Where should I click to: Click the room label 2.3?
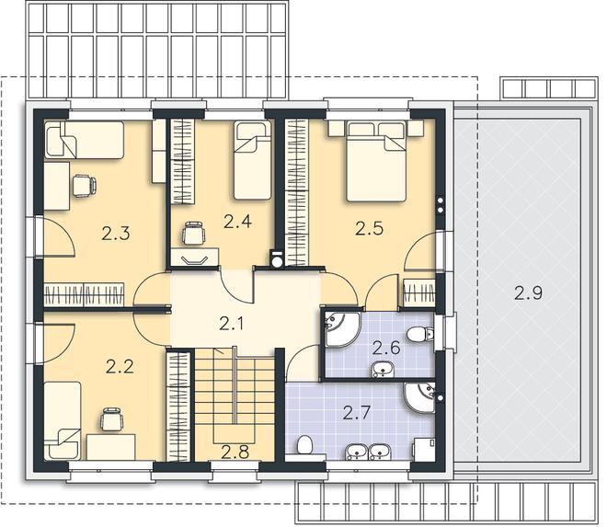(116, 234)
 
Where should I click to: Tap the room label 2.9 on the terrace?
(529, 292)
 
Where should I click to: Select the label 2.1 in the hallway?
(232, 324)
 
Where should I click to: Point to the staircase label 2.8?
(235, 452)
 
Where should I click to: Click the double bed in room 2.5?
(375, 161)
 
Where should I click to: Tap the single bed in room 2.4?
(253, 160)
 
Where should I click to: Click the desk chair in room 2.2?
(112, 419)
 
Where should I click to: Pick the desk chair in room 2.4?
(193, 233)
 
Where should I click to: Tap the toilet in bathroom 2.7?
(305, 444)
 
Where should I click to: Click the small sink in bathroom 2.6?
(383, 369)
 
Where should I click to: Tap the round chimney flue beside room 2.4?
(277, 260)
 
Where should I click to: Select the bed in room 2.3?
(85, 140)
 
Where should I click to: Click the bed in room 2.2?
(63, 421)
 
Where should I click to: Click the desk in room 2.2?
(111, 447)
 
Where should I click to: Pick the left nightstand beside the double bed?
(337, 128)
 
